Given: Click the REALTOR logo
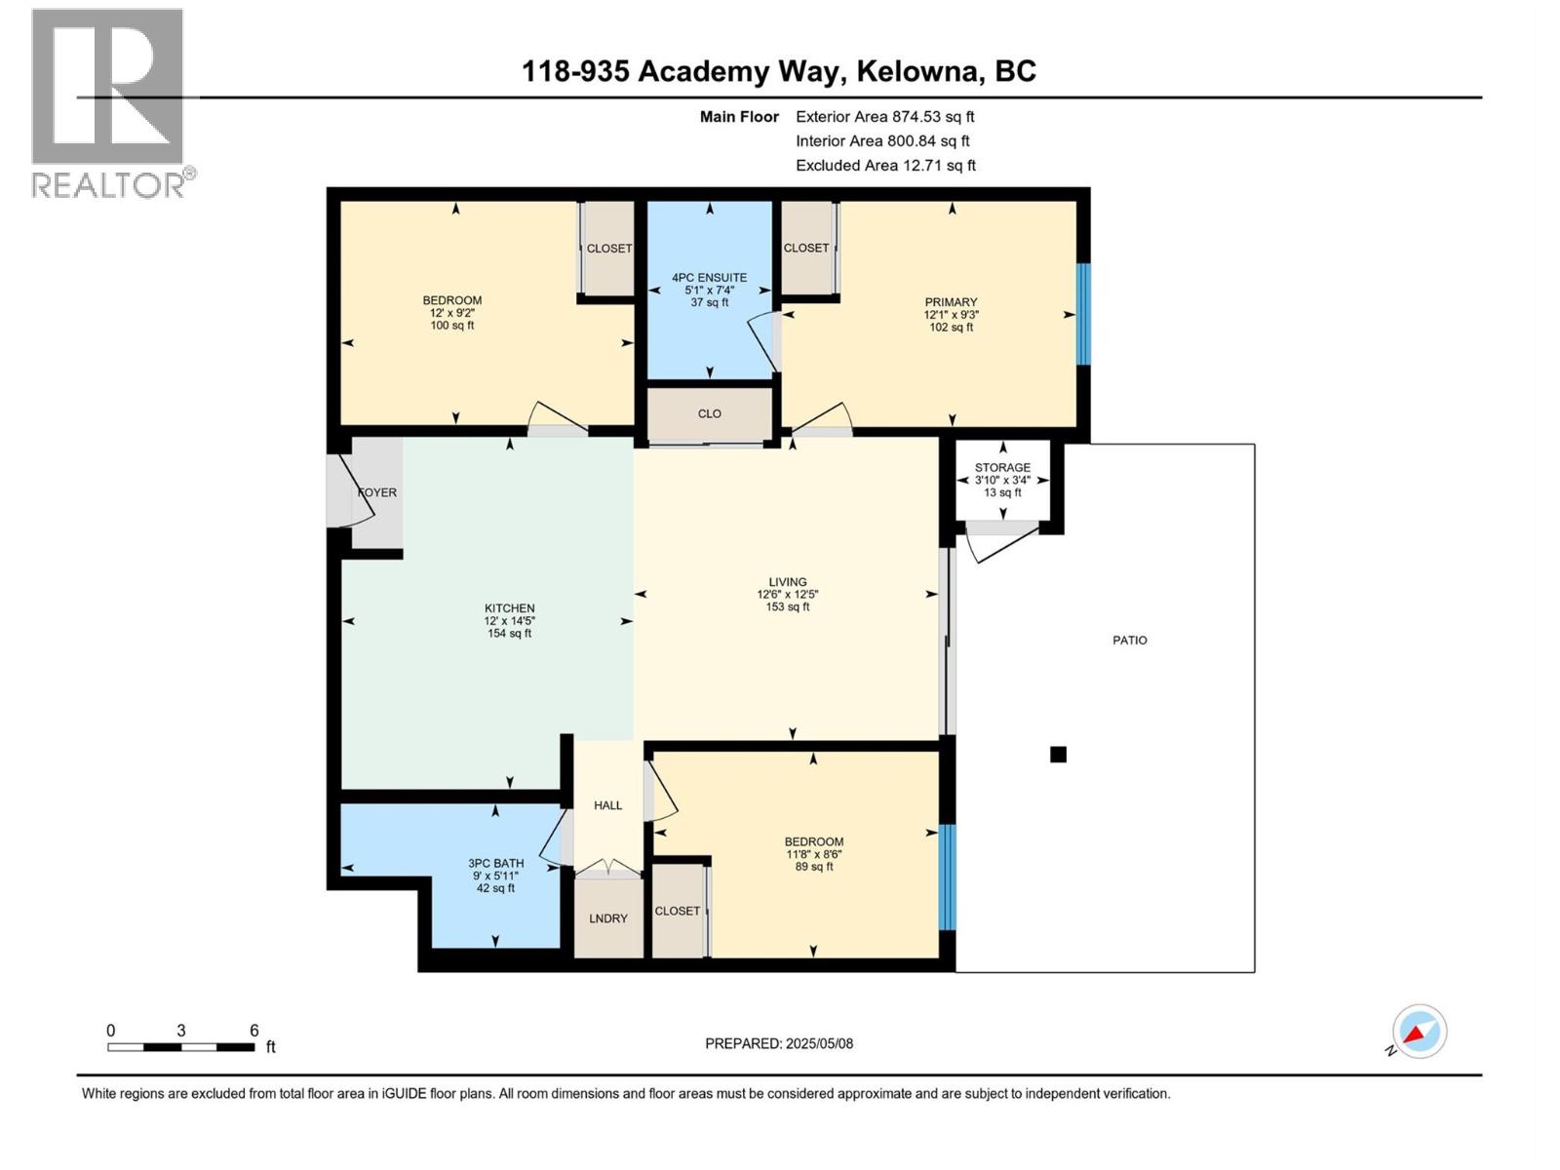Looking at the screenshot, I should coord(108,102).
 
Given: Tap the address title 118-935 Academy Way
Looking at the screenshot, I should coord(778,71).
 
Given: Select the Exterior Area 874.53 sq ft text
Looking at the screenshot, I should coord(884,116).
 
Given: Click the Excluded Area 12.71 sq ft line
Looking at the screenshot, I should coord(884,165).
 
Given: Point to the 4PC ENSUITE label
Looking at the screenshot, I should coord(709,278).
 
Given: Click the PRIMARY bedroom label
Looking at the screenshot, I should coord(951,302).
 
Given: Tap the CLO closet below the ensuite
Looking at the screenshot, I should coord(709,413).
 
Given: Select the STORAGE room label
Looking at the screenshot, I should coord(1002,468).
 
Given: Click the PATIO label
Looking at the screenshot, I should coord(1129,641).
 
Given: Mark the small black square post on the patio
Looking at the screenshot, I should coord(1058,754).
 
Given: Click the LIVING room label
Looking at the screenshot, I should coord(787,582).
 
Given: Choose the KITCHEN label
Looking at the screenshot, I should coord(510,608).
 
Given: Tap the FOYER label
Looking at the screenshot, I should coord(377,492).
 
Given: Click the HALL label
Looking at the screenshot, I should coord(607,805).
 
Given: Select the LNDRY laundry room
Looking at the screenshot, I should coord(607,918).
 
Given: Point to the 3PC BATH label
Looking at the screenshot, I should coord(495,863).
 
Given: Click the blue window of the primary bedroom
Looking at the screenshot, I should coord(1082,314).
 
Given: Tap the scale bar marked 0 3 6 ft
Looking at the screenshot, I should coord(181,1046).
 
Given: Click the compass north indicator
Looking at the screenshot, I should coord(1419,1032).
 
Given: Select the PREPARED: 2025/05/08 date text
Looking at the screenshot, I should coord(778,1043).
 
